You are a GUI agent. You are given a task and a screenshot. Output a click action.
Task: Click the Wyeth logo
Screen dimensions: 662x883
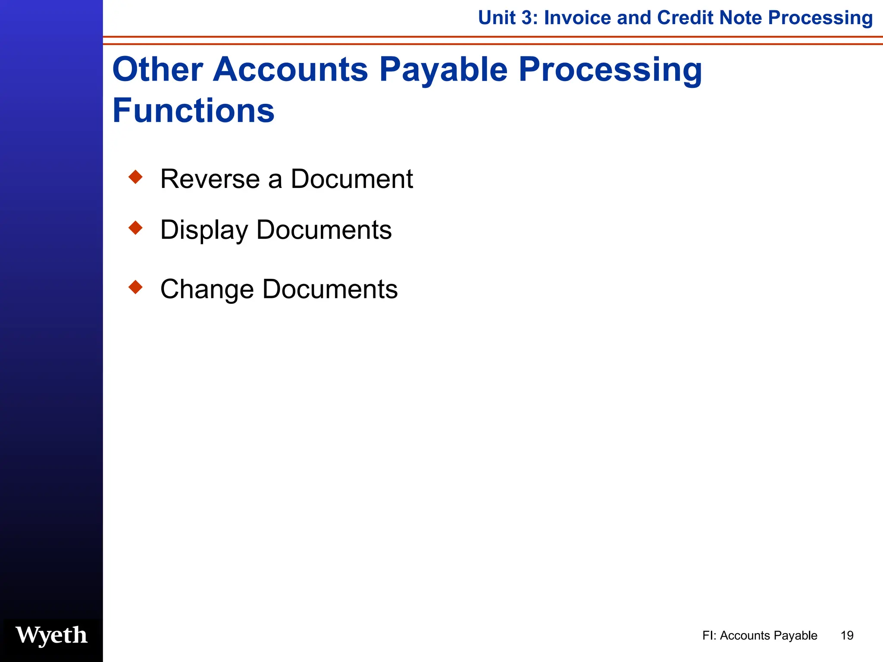coord(51,635)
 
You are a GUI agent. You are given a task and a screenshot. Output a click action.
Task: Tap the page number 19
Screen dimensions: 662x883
coord(847,635)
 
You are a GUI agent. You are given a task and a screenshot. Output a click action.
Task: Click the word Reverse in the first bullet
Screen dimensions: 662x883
coord(210,179)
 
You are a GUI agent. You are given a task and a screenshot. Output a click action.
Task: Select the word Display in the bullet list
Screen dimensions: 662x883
coord(204,230)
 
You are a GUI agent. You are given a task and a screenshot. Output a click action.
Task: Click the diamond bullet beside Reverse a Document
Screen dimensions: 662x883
coord(135,177)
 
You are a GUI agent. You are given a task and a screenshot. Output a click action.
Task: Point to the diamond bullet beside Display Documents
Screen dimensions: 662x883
coord(135,228)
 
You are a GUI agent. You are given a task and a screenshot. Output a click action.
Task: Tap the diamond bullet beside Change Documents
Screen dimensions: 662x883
coord(135,287)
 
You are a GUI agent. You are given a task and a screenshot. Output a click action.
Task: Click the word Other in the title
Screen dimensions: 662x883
coord(158,69)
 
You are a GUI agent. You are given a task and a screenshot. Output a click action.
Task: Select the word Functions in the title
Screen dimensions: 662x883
coord(193,111)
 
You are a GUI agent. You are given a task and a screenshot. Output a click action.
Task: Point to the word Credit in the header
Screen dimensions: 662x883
coord(685,18)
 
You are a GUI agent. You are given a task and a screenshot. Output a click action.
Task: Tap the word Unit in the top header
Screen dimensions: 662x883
coord(497,18)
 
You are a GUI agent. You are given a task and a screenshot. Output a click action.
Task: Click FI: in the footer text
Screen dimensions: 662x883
coord(709,635)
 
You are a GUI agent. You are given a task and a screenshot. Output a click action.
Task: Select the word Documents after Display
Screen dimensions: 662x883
coord(324,230)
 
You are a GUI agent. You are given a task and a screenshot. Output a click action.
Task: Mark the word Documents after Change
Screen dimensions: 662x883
coord(330,289)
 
